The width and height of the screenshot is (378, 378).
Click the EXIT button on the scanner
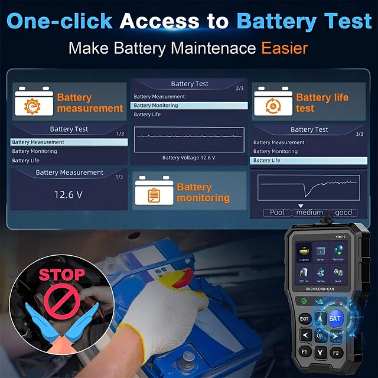pos(304,319)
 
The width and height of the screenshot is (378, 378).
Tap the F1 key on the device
pos(304,353)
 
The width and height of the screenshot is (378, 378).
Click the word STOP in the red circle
pos(61,275)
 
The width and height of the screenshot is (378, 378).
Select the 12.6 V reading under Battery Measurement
pos(69,194)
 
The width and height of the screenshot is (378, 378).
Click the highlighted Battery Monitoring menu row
pos(189,106)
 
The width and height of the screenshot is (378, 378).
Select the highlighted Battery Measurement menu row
pos(69,142)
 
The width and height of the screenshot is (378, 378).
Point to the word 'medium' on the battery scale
pos(309,213)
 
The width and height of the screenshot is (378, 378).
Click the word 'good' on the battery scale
pos(343,213)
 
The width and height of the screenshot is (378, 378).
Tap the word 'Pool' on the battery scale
pos(277,213)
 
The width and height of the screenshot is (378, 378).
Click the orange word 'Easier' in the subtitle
pos(285,47)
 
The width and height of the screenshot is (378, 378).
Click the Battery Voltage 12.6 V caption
pos(189,158)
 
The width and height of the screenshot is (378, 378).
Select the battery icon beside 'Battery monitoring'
pos(154,192)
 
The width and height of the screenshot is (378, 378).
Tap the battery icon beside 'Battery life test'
pos(273,102)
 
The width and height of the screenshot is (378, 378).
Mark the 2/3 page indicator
pos(239,89)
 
